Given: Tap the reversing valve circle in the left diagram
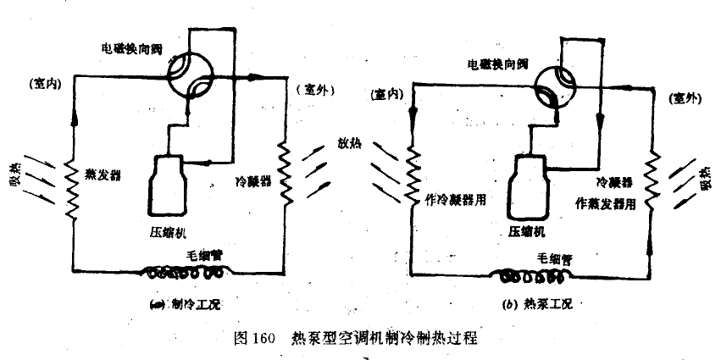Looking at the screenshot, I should tap(187, 77).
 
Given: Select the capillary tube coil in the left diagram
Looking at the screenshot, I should tap(185, 273).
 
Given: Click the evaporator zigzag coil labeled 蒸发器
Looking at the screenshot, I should tap(73, 183).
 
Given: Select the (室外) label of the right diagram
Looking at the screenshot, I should tap(685, 98).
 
